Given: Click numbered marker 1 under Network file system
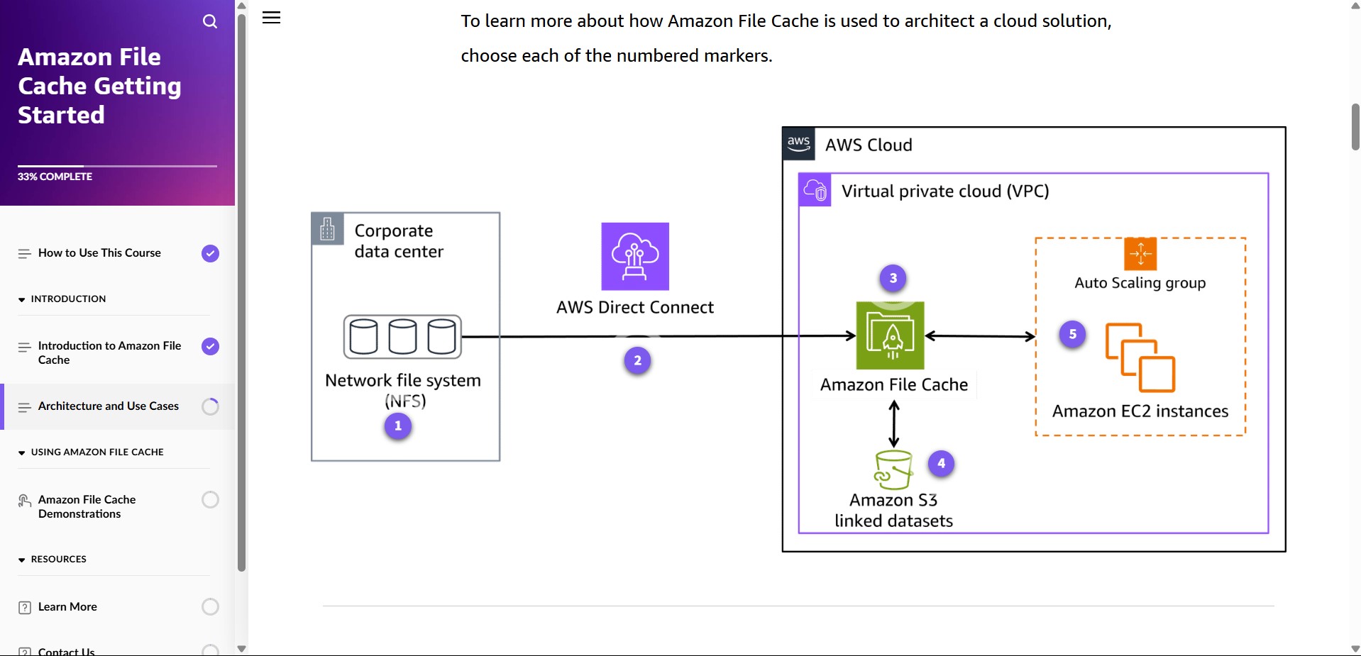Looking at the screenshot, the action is pyautogui.click(x=398, y=426).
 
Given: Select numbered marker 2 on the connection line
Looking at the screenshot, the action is pyautogui.click(x=637, y=360).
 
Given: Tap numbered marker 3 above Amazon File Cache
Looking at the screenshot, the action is pyautogui.click(x=893, y=278).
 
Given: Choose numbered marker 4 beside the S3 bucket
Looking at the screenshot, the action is pyautogui.click(x=941, y=463).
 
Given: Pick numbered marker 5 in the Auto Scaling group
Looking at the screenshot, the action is pyautogui.click(x=1072, y=334).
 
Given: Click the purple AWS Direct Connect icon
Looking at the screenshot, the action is pyautogui.click(x=635, y=256).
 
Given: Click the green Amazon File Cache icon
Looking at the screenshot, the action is pyautogui.click(x=891, y=335).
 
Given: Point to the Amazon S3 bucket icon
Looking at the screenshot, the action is pyautogui.click(x=893, y=469).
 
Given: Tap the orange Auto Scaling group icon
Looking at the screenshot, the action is pyautogui.click(x=1140, y=254).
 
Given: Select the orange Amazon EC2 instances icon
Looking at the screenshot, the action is pyautogui.click(x=1140, y=357).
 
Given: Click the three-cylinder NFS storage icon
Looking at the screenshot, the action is pyautogui.click(x=402, y=336).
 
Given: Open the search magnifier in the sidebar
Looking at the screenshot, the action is pyautogui.click(x=210, y=21).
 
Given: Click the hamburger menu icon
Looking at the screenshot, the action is pyautogui.click(x=272, y=18).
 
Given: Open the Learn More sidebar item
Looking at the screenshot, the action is pyautogui.click(x=67, y=606).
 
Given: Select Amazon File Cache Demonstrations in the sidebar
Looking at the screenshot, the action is pyautogui.click(x=87, y=506).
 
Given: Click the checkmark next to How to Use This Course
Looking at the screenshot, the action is pyautogui.click(x=210, y=253).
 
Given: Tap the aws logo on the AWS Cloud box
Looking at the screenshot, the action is pyautogui.click(x=798, y=143).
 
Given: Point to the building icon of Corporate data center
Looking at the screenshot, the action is pyautogui.click(x=327, y=228).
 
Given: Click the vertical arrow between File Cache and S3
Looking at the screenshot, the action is pyautogui.click(x=894, y=424).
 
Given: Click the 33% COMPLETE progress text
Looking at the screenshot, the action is pyautogui.click(x=55, y=177).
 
